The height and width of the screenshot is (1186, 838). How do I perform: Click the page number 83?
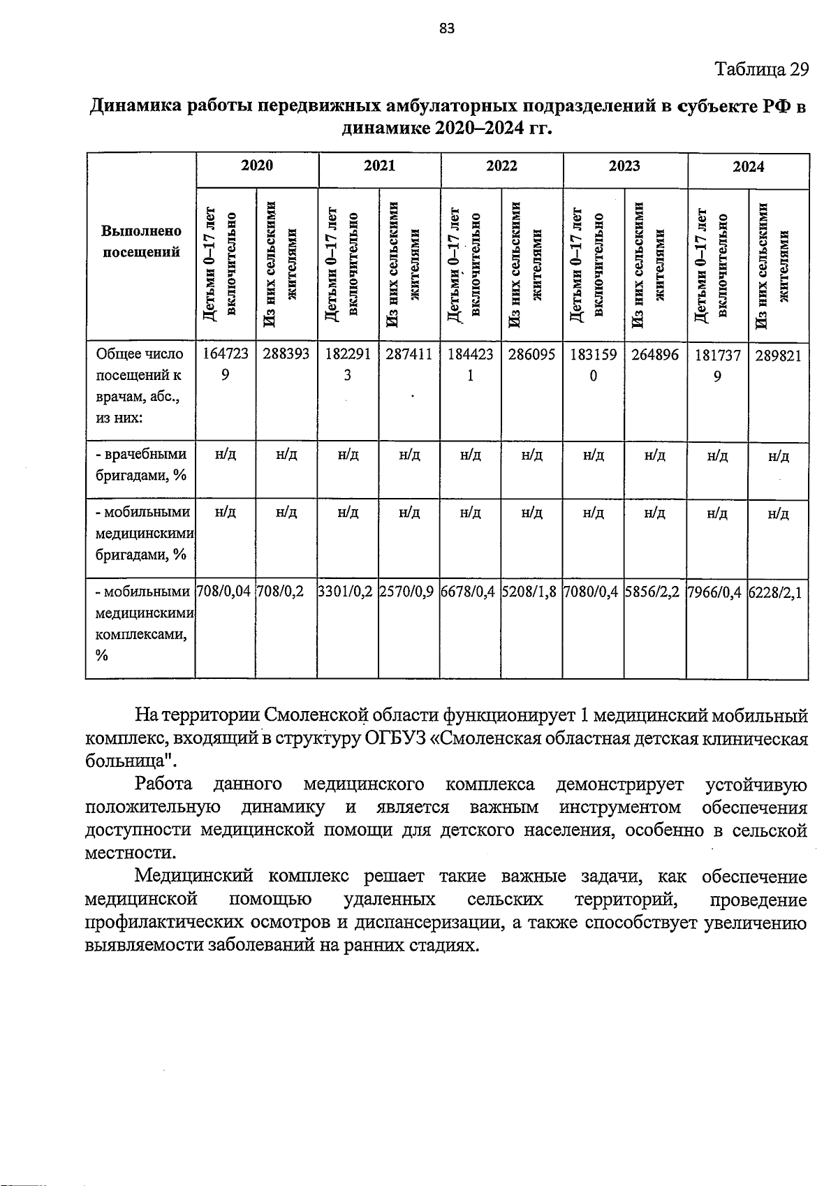click(447, 28)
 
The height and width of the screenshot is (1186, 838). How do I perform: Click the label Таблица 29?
click(762, 69)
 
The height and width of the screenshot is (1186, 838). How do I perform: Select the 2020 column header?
click(256, 166)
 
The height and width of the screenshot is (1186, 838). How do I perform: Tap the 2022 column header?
click(501, 166)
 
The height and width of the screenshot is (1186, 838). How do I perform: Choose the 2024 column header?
click(748, 167)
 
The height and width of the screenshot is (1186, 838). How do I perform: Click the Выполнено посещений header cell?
click(142, 242)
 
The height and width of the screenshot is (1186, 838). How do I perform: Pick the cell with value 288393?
click(286, 354)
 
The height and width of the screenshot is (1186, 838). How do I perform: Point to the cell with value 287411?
click(409, 354)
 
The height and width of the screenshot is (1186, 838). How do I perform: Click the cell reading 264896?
click(654, 354)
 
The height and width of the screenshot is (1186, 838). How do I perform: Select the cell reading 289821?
click(778, 355)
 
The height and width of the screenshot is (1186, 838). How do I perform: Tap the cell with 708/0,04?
click(225, 592)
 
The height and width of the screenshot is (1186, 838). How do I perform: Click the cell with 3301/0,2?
click(347, 592)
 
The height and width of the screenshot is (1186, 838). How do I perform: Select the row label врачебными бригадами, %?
click(141, 465)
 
